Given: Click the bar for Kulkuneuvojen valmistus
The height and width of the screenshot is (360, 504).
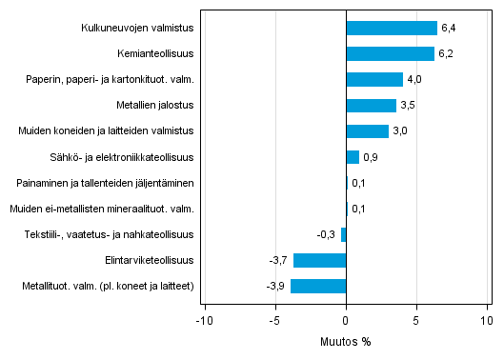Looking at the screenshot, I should [392, 28].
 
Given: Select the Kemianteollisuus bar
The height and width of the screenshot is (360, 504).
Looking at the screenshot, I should [391, 53].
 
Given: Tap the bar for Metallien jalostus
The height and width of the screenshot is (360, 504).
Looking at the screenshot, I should [372, 105].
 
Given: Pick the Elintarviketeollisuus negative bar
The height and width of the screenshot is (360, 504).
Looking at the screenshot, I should [320, 260].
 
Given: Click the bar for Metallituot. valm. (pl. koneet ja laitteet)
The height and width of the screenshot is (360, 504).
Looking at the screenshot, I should [319, 286].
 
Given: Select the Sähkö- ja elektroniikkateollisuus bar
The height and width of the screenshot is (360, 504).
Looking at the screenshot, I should [353, 157].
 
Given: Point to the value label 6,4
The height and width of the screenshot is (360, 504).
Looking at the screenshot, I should [449, 28].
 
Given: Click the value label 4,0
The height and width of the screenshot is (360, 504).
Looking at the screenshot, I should [415, 79].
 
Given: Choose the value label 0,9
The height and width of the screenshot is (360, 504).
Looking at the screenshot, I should [372, 157].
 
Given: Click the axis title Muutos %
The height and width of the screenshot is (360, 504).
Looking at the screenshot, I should [346, 341].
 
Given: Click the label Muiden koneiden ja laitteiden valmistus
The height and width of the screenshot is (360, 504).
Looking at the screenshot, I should [112, 131].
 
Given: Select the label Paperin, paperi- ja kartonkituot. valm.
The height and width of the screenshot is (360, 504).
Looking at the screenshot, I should [111, 79].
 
